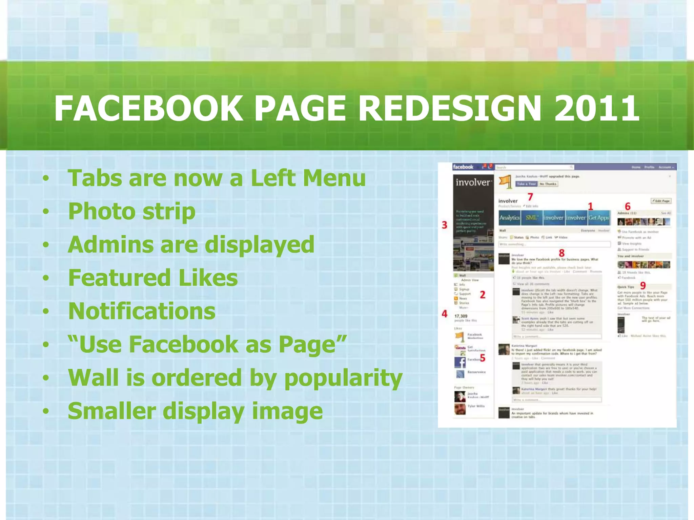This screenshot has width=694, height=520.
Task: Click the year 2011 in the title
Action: (596, 108)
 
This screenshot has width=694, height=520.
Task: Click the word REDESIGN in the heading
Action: (449, 108)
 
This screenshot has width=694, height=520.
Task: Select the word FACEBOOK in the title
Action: (148, 108)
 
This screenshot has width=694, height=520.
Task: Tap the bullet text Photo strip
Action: (131, 211)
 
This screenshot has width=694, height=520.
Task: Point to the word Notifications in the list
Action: (142, 311)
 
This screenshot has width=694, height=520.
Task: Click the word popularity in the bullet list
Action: (343, 378)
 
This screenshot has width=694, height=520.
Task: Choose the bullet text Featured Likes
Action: (153, 278)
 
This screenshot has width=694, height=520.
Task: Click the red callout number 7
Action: (530, 197)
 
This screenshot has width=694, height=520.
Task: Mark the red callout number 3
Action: (445, 225)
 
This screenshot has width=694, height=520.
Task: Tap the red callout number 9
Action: (643, 286)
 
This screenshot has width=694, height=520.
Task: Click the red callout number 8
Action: (562, 253)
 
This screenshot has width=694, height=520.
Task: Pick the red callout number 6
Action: (628, 207)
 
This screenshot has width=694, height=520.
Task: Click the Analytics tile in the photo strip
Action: (509, 218)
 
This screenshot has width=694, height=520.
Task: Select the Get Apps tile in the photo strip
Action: (599, 218)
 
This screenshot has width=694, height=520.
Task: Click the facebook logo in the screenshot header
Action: (463, 167)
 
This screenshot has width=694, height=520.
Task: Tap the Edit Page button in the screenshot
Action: (661, 201)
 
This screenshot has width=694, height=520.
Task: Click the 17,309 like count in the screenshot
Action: (461, 316)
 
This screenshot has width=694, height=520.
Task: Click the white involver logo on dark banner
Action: (473, 182)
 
